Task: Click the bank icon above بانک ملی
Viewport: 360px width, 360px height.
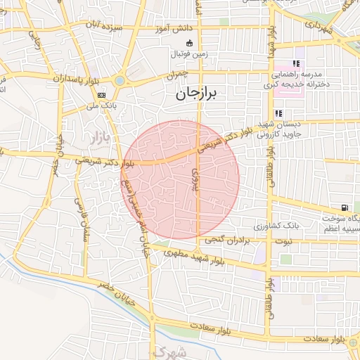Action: (x=102, y=94)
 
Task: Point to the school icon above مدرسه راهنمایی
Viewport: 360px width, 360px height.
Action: (x=296, y=63)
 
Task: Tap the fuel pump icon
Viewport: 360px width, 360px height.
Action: (x=344, y=207)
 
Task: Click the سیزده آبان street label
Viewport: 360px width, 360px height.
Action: (x=103, y=28)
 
